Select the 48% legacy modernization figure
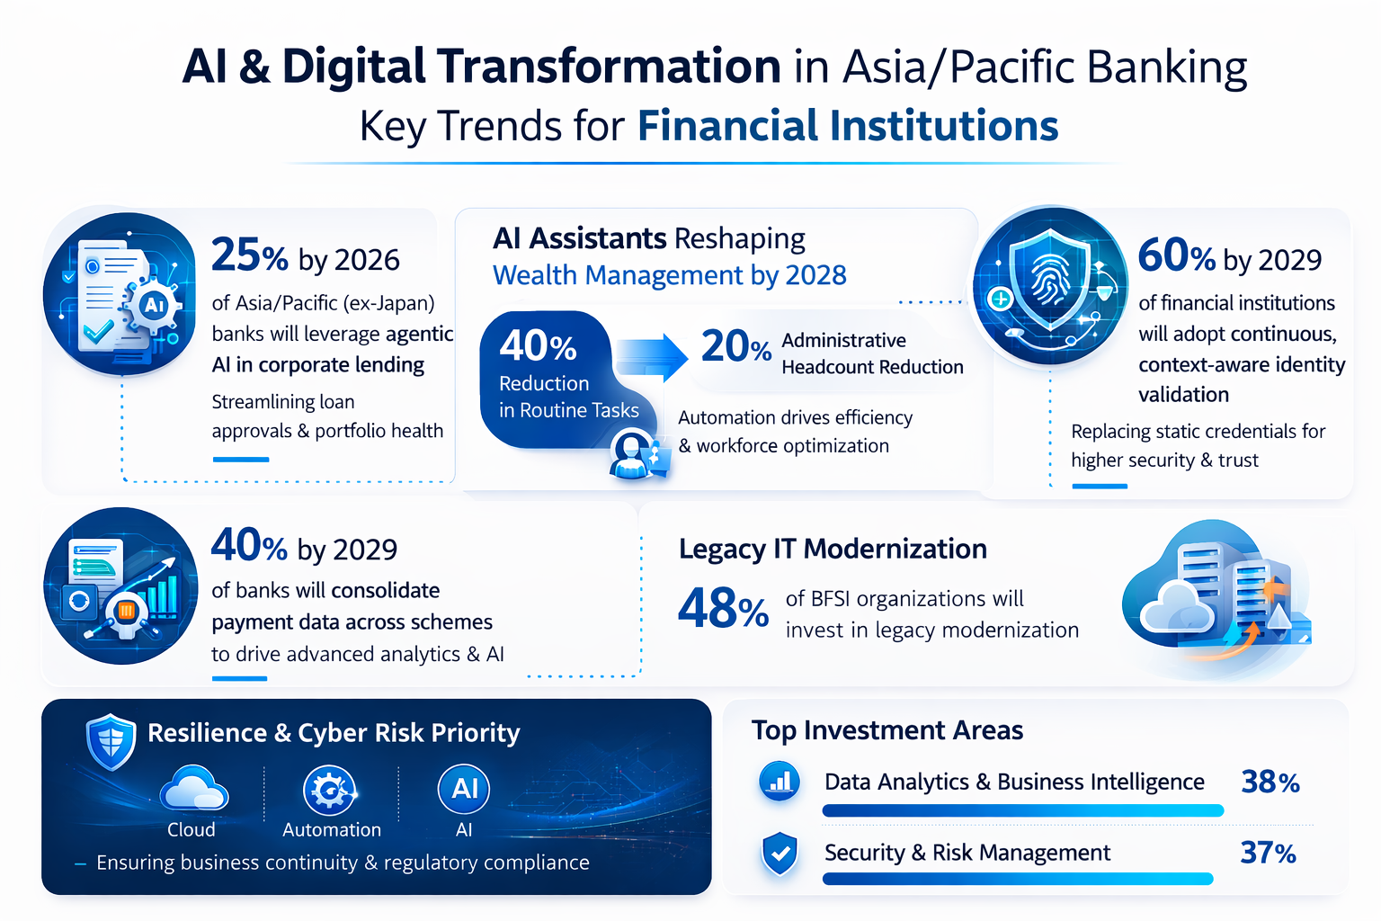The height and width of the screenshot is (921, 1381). click(x=723, y=609)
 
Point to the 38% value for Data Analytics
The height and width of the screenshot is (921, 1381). click(x=1270, y=782)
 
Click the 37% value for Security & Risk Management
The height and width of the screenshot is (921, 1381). click(x=1269, y=853)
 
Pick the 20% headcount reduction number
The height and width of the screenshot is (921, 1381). click(x=736, y=346)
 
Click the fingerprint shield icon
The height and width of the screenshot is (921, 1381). click(x=1050, y=285)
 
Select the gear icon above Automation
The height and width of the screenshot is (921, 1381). click(x=330, y=791)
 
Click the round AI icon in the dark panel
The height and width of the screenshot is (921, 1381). click(x=464, y=789)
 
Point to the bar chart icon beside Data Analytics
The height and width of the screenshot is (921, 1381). click(x=780, y=781)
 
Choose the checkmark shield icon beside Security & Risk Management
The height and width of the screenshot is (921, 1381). click(x=780, y=854)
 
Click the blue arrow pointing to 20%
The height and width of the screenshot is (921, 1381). click(x=652, y=356)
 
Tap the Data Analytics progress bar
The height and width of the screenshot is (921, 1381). click(x=1023, y=810)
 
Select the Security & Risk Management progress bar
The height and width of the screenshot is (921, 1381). click(x=1018, y=879)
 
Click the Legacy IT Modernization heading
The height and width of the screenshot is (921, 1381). click(x=833, y=549)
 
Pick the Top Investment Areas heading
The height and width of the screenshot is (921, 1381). click(x=887, y=730)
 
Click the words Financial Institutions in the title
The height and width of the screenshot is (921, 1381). click(x=848, y=126)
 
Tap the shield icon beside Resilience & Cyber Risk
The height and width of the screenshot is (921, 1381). click(x=111, y=742)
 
